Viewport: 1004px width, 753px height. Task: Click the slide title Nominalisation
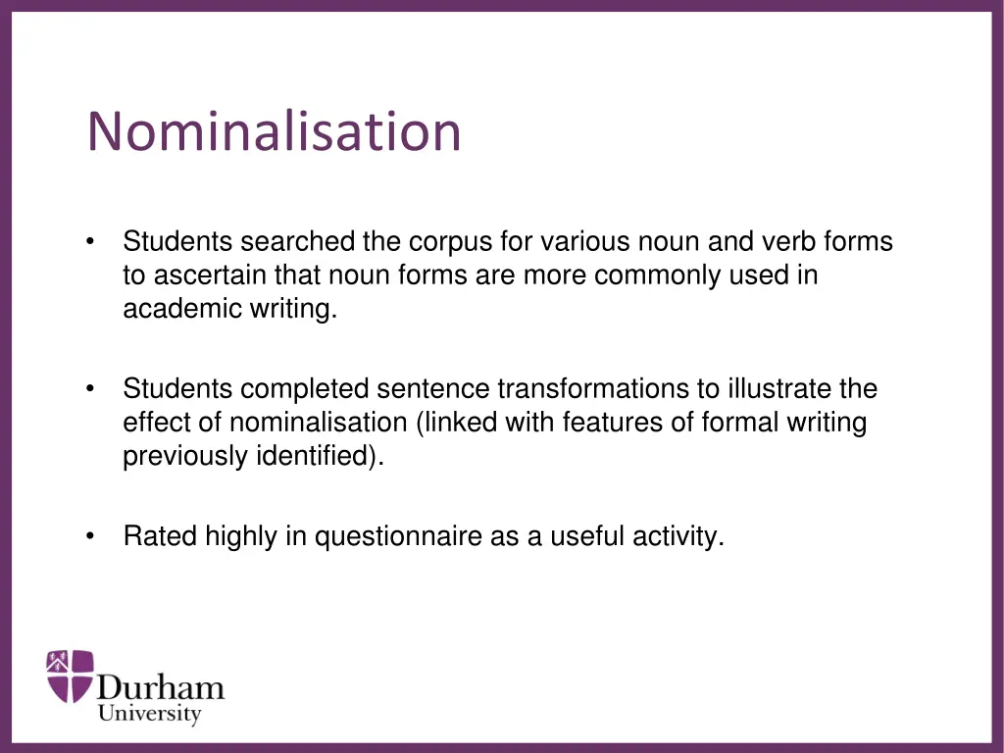click(274, 131)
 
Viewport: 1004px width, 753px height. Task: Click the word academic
click(169, 309)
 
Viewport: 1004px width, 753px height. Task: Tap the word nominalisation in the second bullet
click(319, 424)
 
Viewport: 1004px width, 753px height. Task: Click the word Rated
click(160, 537)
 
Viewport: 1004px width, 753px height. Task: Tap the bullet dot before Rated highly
click(90, 536)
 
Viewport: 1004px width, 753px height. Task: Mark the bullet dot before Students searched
click(90, 241)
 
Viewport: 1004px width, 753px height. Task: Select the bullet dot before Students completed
click(90, 389)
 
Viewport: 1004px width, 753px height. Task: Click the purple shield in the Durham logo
click(71, 676)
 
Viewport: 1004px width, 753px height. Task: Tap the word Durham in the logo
click(161, 687)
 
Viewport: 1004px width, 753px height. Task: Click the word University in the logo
click(149, 715)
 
